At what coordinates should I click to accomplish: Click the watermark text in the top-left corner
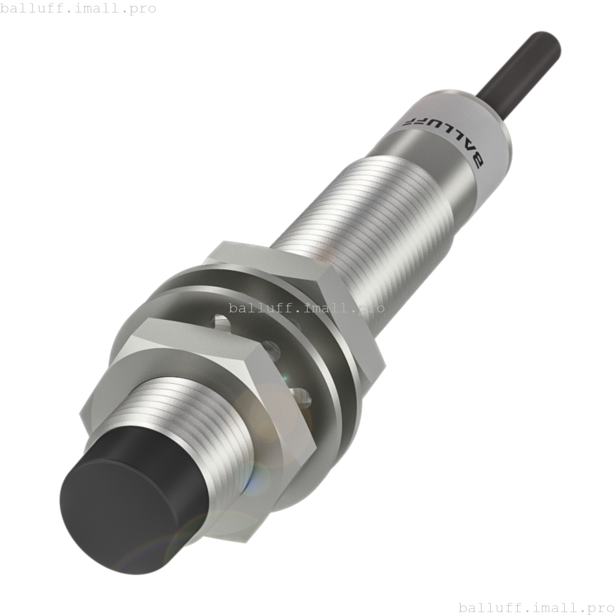(78, 8)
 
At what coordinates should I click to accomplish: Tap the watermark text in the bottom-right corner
(536, 607)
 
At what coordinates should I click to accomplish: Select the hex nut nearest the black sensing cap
(192, 413)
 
